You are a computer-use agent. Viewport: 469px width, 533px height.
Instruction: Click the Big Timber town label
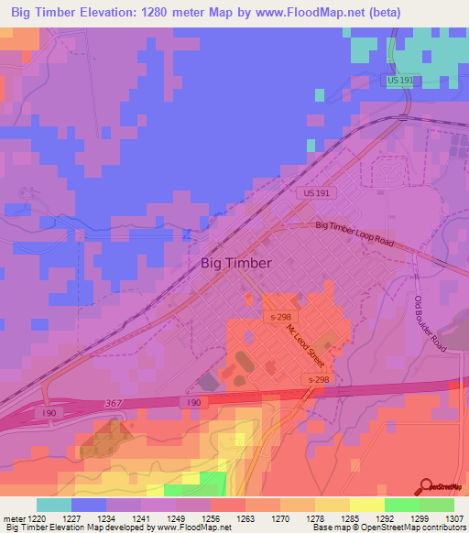coord(235,263)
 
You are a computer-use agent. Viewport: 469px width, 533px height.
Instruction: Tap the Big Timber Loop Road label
coord(354,233)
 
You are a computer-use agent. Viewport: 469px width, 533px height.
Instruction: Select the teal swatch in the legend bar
coord(54,505)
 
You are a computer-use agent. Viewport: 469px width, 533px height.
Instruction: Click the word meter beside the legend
coord(17,517)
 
